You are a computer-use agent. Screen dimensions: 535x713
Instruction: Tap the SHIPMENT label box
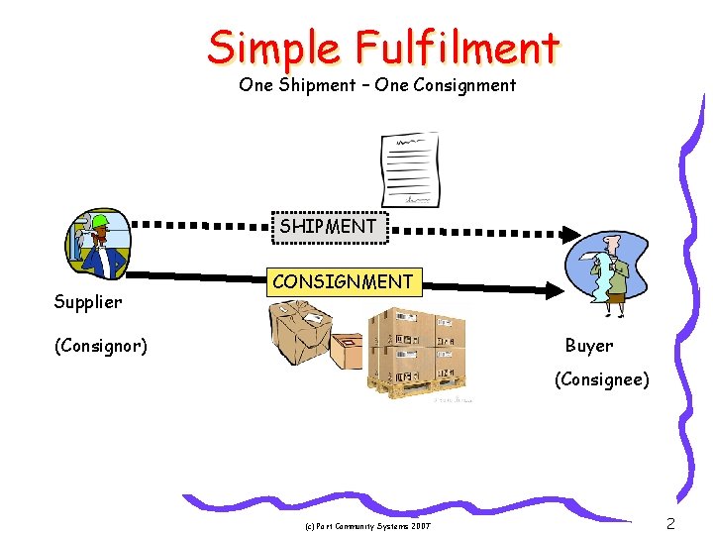(x=328, y=226)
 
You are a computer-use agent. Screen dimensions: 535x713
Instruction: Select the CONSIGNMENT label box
(x=343, y=281)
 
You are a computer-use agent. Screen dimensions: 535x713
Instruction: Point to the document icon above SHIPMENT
(x=409, y=168)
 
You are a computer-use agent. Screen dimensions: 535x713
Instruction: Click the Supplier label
(x=88, y=301)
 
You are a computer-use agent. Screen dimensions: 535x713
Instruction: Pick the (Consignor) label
(x=101, y=346)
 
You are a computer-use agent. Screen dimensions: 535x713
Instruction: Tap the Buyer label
(x=589, y=346)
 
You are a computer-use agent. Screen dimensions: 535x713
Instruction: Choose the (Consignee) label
(x=602, y=379)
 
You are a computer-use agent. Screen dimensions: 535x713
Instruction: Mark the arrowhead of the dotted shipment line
(x=570, y=235)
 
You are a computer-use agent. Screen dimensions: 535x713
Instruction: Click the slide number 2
(x=670, y=524)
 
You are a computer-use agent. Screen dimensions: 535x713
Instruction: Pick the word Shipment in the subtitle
(x=315, y=85)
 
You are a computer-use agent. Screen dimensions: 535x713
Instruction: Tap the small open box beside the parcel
(x=348, y=350)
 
